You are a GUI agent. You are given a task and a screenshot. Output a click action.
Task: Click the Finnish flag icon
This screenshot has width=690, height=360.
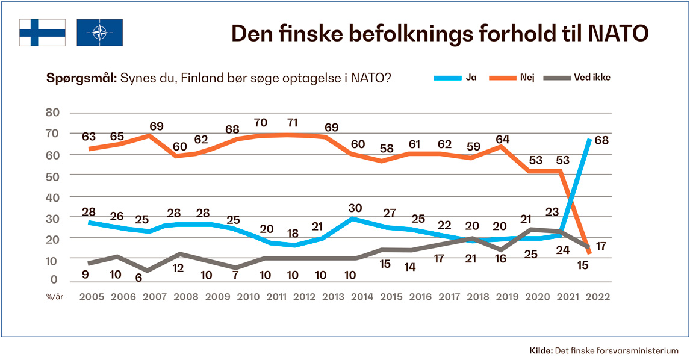(42, 33)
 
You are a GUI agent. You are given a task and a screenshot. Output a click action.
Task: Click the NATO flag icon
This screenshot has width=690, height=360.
(99, 33)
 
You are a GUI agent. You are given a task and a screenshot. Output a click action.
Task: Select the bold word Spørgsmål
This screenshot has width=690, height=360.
(82, 78)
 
